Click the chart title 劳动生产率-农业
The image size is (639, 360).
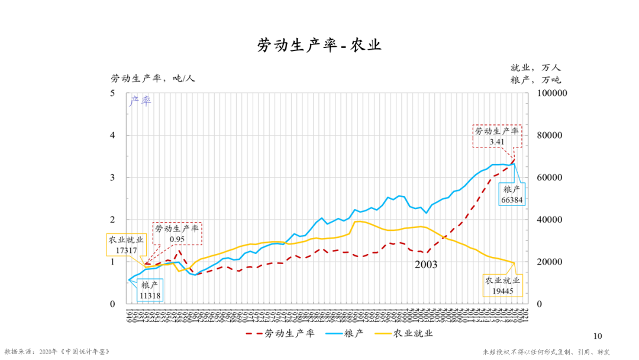click(319, 46)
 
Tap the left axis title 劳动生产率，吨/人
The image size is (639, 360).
click(153, 78)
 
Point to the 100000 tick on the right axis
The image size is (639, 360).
click(551, 94)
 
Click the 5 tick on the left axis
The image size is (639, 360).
click(112, 94)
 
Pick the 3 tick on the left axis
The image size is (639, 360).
click(112, 178)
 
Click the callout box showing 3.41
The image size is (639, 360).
click(496, 136)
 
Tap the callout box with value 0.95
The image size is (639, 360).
click(177, 234)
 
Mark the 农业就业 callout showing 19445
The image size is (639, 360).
click(502, 286)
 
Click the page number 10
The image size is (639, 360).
click(596, 336)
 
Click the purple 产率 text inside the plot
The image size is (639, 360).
click(140, 101)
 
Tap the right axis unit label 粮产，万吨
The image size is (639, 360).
click(535, 80)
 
